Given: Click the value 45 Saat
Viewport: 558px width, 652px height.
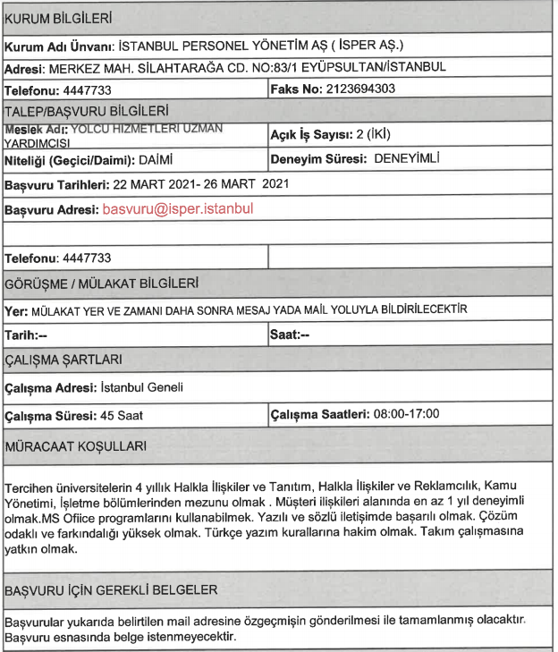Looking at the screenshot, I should (122, 415).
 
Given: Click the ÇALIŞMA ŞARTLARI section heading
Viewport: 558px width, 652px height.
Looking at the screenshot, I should (65, 360).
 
